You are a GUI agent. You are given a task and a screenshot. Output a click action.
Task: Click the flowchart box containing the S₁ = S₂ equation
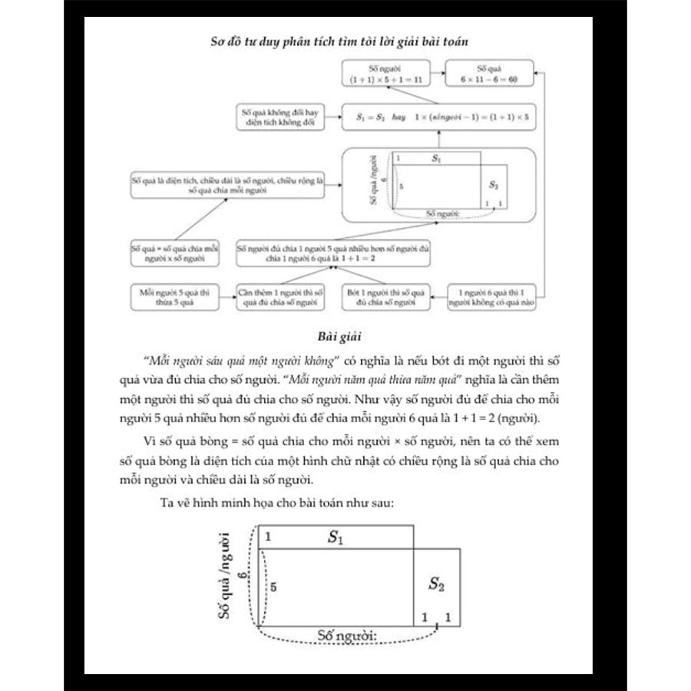pyautogui.click(x=438, y=118)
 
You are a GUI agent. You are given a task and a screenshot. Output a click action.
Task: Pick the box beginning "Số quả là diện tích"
pyautogui.click(x=228, y=184)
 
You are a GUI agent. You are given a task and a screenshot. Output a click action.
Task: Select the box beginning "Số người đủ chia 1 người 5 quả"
pyautogui.click(x=333, y=253)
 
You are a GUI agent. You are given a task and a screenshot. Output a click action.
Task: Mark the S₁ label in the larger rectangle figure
pyautogui.click(x=335, y=537)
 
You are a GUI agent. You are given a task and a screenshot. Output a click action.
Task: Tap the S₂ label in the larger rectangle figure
pyautogui.click(x=436, y=585)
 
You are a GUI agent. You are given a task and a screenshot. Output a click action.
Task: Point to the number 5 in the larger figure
pyautogui.click(x=273, y=585)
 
